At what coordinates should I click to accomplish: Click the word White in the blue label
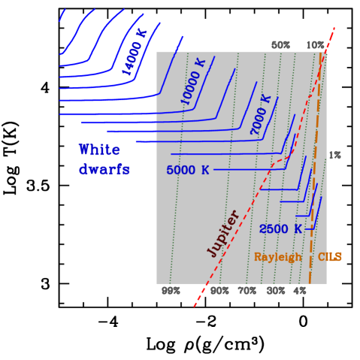tap(98, 150)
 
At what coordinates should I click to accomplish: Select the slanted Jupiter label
tap(223, 233)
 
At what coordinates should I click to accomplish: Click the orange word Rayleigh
tap(277, 257)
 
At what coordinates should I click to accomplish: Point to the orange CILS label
tap(329, 257)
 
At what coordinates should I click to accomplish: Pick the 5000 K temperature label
tap(188, 171)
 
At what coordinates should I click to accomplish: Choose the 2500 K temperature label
tap(280, 228)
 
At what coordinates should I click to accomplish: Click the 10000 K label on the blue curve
tap(192, 82)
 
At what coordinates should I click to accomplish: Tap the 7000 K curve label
tap(260, 115)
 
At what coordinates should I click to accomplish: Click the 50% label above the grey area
tap(280, 45)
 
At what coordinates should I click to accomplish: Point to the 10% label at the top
tap(315, 45)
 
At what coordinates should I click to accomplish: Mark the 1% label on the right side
tap(334, 156)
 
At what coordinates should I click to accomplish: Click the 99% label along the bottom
tap(171, 290)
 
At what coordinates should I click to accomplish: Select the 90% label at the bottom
tap(219, 290)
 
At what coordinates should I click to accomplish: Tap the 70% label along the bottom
tap(247, 290)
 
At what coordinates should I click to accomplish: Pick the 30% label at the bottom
tap(275, 290)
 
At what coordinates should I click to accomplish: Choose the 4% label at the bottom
tap(300, 290)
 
